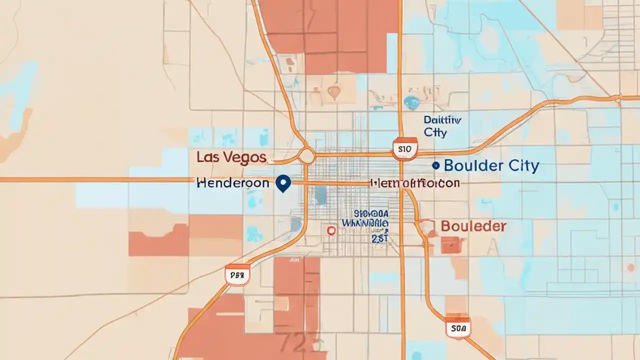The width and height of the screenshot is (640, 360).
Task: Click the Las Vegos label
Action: (x=231, y=157)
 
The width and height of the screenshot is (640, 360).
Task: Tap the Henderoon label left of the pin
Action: (x=233, y=183)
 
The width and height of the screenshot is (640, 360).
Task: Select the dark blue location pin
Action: (x=283, y=183)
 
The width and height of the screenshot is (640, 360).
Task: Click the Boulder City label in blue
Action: (x=491, y=165)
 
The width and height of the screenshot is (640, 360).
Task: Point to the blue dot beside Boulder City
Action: (x=435, y=165)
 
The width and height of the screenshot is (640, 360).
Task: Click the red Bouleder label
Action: (x=473, y=226)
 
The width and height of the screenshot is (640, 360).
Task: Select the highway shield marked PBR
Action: (x=237, y=274)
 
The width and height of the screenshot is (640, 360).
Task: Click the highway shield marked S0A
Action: (x=457, y=328)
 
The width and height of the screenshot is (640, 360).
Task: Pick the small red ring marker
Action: (x=330, y=230)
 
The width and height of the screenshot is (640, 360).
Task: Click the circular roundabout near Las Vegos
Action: (x=306, y=156)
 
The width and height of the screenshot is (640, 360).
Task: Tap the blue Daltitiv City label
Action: (x=442, y=126)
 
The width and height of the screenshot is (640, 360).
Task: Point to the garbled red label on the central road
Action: (x=414, y=183)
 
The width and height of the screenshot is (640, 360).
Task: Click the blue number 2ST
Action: (x=380, y=238)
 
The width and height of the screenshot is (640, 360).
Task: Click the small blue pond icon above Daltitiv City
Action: (x=411, y=102)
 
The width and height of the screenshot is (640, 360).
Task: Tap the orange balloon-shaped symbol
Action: (x=334, y=91)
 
